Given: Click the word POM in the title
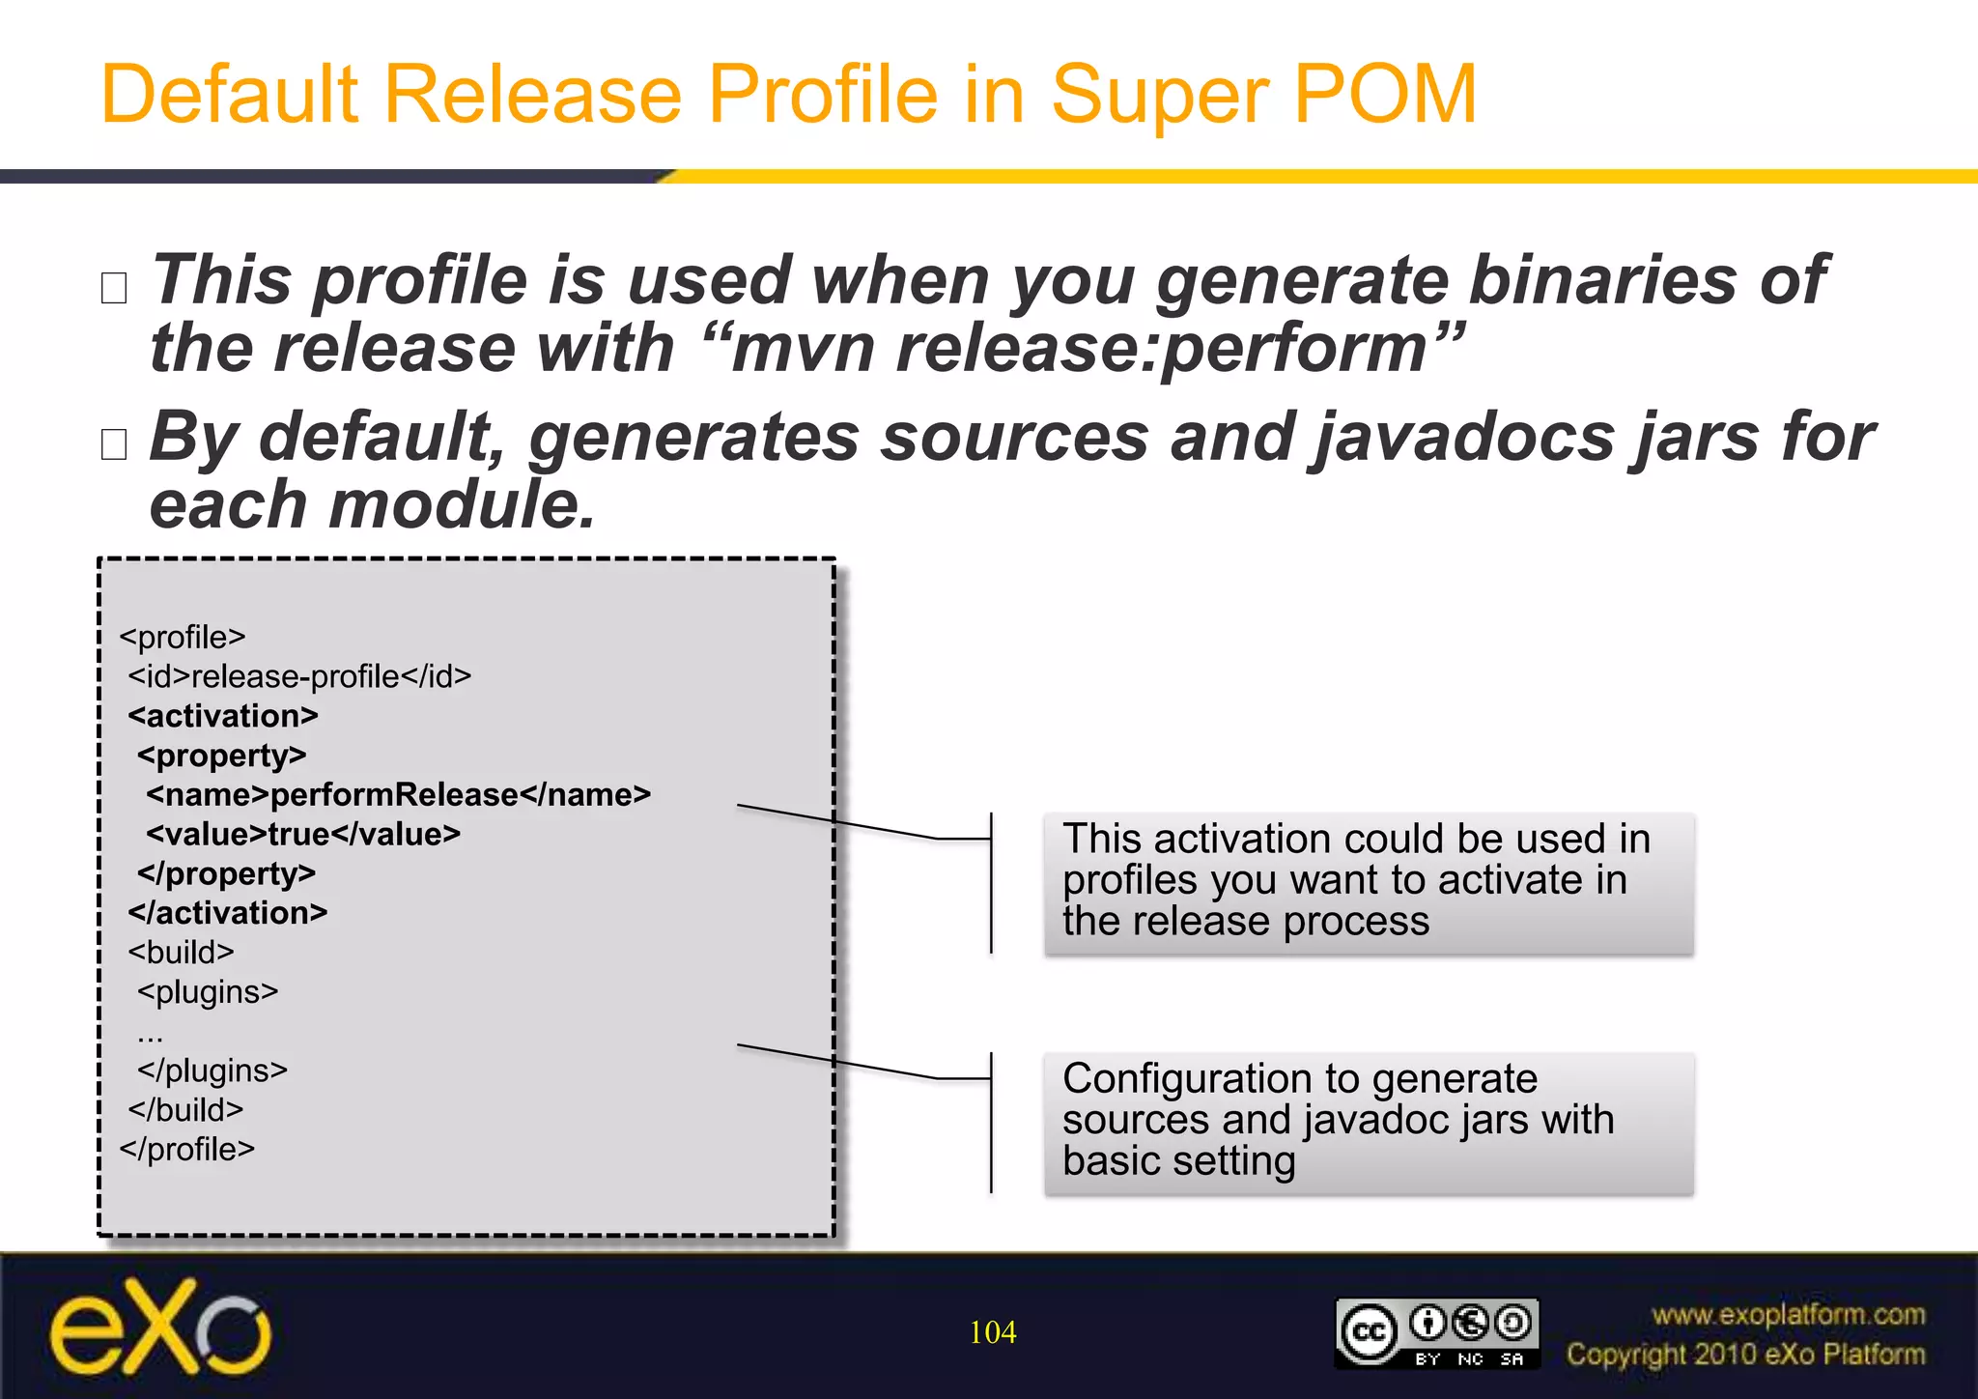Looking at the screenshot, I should (1384, 95).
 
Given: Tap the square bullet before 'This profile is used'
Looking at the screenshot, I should (114, 288).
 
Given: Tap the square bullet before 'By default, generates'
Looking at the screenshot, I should (114, 444).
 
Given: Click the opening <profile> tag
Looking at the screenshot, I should (183, 638).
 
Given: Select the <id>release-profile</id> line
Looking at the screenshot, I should (299, 676).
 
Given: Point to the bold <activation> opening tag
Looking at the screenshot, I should (223, 716).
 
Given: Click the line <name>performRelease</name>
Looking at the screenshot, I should (398, 795).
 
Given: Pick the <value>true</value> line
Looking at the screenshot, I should (303, 834).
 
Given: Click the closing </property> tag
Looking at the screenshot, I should (226, 873).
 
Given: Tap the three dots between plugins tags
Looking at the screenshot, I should (151, 1035).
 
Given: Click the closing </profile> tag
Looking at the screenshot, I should (187, 1150).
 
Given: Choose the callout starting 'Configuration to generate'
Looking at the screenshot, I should (1368, 1121).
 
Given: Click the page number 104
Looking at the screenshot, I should (992, 1332).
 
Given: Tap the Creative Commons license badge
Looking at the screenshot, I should (1436, 1332).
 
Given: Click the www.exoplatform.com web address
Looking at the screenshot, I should (1788, 1315).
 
